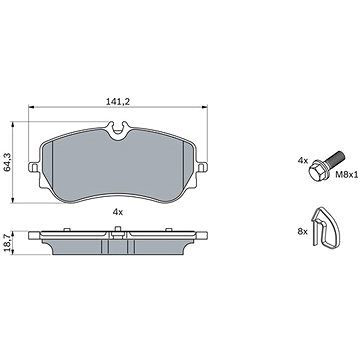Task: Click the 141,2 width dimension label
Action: tap(118, 102)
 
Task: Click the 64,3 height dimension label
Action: tap(7, 162)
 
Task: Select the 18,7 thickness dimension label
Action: tap(7, 242)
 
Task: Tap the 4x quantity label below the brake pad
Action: tap(118, 212)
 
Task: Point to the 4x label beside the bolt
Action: tap(303, 161)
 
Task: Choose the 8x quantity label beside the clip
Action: tap(303, 232)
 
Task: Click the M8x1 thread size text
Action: tap(347, 174)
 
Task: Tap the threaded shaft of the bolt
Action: tap(335, 158)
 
